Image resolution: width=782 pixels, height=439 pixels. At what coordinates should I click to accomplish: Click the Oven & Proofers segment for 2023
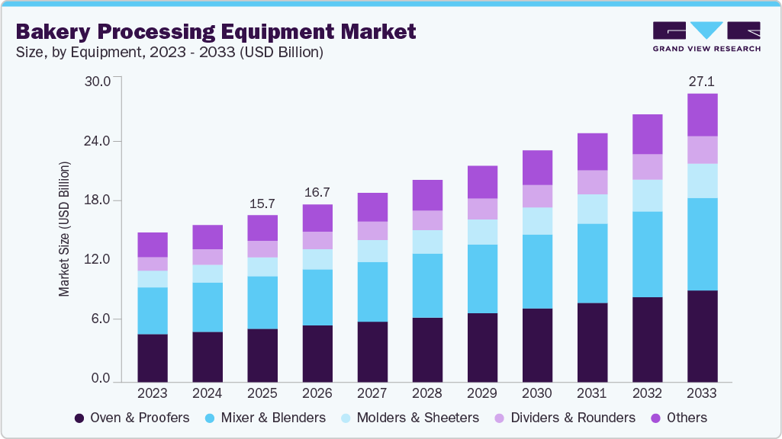(153, 357)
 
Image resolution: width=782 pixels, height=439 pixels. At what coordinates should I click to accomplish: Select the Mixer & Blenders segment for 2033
(702, 244)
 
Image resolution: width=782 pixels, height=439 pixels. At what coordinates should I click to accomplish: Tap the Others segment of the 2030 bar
(537, 167)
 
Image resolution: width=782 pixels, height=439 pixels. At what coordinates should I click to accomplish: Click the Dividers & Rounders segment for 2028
(427, 220)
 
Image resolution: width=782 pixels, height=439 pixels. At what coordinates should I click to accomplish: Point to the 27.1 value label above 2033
(702, 81)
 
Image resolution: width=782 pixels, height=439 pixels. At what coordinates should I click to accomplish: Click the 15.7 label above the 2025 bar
(262, 203)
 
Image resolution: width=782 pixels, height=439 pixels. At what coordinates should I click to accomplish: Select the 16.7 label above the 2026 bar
(317, 192)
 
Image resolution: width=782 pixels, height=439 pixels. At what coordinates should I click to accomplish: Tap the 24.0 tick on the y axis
(96, 141)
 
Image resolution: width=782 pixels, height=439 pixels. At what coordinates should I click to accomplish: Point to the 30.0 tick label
(96, 82)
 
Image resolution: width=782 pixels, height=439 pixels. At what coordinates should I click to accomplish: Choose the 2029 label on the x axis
(482, 393)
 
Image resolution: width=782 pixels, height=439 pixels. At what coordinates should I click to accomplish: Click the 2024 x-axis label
(208, 393)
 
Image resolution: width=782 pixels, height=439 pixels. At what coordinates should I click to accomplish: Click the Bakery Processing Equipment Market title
(216, 31)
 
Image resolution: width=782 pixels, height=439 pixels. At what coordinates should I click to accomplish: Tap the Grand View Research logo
(706, 36)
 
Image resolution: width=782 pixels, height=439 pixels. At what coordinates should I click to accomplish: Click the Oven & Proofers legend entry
(132, 418)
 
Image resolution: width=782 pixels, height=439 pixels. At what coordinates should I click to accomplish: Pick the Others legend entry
(678, 418)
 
